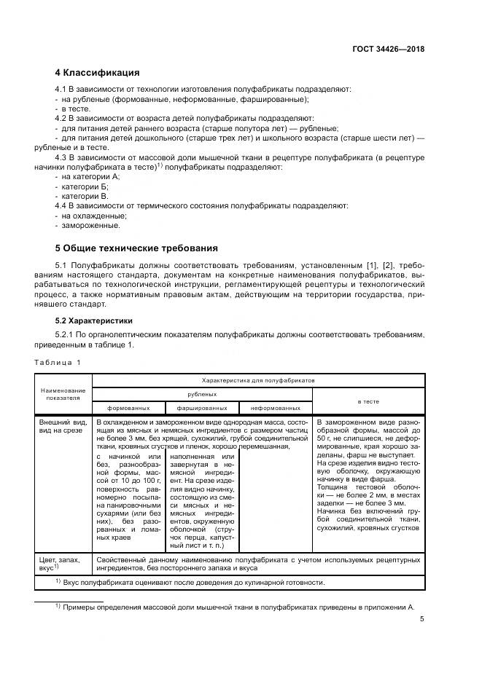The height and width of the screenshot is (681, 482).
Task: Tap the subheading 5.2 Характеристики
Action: click(94, 320)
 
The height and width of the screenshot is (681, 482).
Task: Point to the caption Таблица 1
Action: click(58, 362)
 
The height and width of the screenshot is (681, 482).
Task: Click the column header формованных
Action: click(129, 408)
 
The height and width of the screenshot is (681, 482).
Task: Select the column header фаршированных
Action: click(202, 408)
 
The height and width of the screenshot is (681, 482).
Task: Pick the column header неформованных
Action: click(276, 408)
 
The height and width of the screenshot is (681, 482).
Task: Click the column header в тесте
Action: click(368, 401)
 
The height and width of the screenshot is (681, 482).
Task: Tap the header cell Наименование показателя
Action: click(63, 394)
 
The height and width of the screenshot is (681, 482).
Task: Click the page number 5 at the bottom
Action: click(421, 619)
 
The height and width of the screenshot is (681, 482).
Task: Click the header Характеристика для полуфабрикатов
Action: click(258, 380)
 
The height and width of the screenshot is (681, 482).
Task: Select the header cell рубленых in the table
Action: click(202, 394)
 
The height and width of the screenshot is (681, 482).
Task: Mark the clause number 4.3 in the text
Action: click(63, 157)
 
